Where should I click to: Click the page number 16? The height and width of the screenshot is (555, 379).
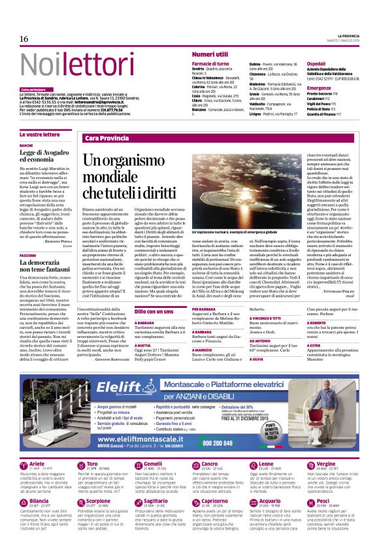click(x=24, y=39)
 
